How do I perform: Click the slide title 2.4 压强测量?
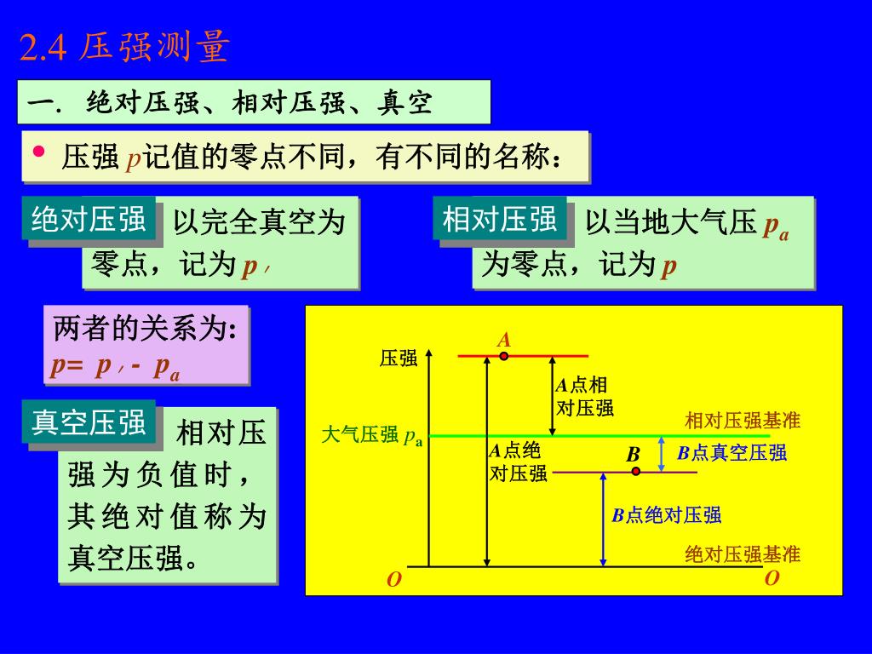pyautogui.click(x=124, y=49)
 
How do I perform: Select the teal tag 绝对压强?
pyautogui.click(x=89, y=219)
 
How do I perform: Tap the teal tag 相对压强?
pyautogui.click(x=499, y=219)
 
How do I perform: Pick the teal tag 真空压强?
pyautogui.click(x=89, y=422)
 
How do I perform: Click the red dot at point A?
pyautogui.click(x=504, y=355)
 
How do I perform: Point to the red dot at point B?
pyautogui.click(x=635, y=471)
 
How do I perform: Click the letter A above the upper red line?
pyautogui.click(x=504, y=340)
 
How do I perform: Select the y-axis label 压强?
pyautogui.click(x=399, y=358)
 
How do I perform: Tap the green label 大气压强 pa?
pyautogui.click(x=372, y=436)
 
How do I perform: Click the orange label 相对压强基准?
pyautogui.click(x=743, y=421)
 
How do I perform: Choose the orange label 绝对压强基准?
pyautogui.click(x=743, y=555)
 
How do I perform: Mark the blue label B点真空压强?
pyautogui.click(x=732, y=453)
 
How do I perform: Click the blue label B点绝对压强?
pyautogui.click(x=667, y=514)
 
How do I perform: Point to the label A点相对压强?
pyautogui.click(x=584, y=396)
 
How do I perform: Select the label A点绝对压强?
pyautogui.click(x=518, y=462)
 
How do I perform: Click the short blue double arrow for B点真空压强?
pyautogui.click(x=663, y=453)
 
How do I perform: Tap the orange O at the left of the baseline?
pyautogui.click(x=393, y=581)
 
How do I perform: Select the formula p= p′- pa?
pyautogui.click(x=115, y=366)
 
